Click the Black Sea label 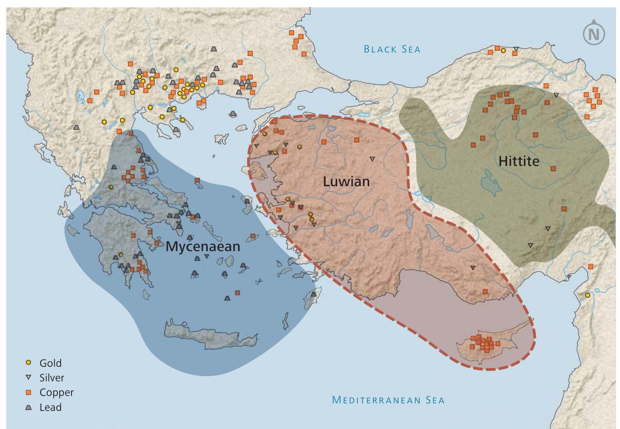392,49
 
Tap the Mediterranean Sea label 388,400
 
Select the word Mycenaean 203,246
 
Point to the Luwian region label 346,181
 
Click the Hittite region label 519,161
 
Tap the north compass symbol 594,34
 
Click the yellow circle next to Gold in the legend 29,363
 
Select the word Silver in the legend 52,378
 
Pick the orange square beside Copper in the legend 29,392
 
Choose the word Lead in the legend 50,407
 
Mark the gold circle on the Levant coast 587,295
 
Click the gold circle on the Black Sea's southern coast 503,51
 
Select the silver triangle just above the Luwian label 372,159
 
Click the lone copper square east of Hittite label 553,168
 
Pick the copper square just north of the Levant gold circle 590,267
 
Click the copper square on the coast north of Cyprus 485,291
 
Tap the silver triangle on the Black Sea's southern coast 516,49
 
